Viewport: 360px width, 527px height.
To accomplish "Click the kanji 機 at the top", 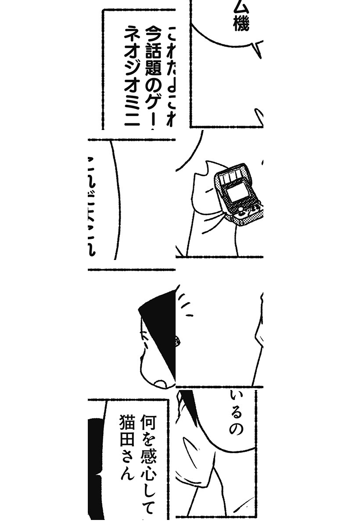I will click(241, 25).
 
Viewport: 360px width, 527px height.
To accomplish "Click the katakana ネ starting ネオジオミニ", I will click(131, 32).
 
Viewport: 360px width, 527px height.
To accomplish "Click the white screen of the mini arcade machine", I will click(237, 192).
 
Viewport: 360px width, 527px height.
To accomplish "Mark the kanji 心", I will click(148, 477).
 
